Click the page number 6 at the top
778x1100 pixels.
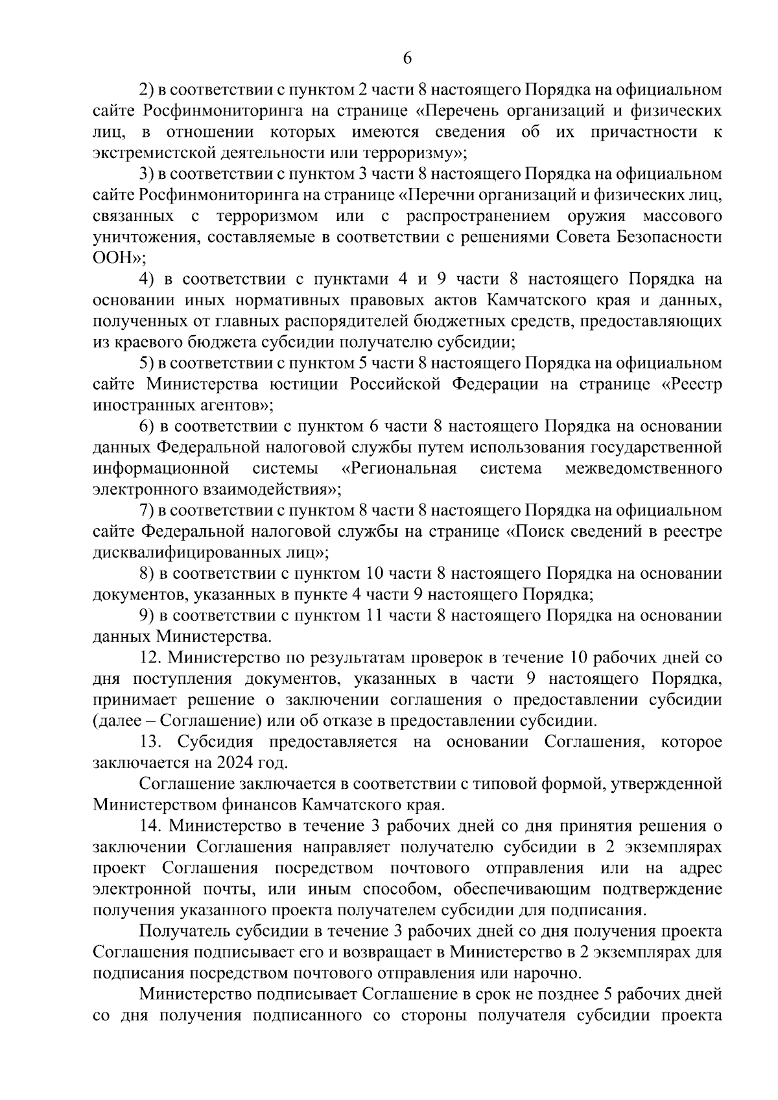(x=407, y=58)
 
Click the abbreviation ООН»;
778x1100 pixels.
(x=120, y=258)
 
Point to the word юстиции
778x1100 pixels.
(x=303, y=384)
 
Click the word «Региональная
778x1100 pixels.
(x=399, y=469)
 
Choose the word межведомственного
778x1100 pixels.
(x=643, y=469)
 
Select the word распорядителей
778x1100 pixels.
(x=261, y=322)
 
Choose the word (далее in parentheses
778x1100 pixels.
(x=117, y=721)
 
